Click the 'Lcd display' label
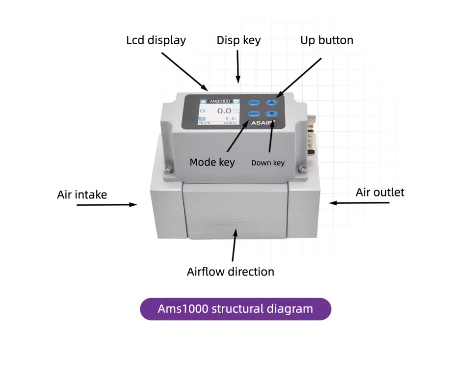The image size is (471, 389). coord(156,40)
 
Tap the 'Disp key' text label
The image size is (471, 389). coord(238,40)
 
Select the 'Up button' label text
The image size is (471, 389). coord(327,40)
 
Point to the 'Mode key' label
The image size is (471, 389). coord(212,162)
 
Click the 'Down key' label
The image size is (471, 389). coord(268,163)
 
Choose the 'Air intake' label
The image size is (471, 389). coord(82,194)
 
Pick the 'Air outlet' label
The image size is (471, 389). coord(380,192)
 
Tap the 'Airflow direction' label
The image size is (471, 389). coord(231,272)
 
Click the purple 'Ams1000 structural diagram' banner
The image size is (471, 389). coord(235,309)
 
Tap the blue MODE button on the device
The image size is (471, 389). coord(254,114)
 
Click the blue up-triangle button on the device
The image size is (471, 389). coord(272,103)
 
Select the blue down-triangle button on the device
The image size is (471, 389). coord(272,114)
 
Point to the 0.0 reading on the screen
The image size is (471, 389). coord(224,111)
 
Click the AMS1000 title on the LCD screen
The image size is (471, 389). coord(219,101)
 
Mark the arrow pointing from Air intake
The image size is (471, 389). coord(107,204)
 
